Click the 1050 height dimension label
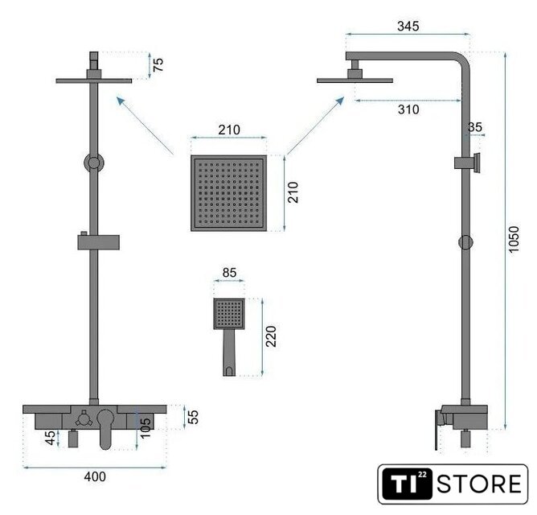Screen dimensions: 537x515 pos(514,239)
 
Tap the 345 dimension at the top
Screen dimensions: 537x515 pos(408,26)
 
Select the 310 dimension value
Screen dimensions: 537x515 pos(408,109)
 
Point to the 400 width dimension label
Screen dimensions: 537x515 pos(95,476)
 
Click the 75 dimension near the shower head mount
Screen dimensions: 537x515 pos(158,65)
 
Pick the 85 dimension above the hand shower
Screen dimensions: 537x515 pos(229,273)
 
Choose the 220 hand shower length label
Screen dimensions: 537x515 pos(271,336)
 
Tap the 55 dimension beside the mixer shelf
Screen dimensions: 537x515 pos(194,417)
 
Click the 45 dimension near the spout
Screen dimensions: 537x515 pos(51,438)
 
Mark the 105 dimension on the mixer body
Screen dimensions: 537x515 pos(146,427)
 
